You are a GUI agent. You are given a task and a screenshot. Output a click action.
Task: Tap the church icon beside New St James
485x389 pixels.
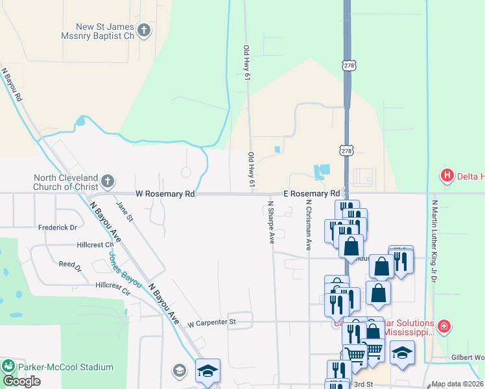143,30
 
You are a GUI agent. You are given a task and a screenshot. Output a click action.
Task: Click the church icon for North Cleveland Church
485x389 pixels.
108,181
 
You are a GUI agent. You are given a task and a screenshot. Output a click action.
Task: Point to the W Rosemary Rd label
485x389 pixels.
165,194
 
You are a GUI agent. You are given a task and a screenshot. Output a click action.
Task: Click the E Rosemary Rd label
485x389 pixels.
312,194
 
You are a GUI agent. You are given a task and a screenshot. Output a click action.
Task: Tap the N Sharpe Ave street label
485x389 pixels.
271,222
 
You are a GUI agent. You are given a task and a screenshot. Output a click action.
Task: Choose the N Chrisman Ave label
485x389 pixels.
309,224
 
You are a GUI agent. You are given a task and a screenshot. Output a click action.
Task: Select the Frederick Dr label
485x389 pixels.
57,228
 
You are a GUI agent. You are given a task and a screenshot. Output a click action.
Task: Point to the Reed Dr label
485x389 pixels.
70,265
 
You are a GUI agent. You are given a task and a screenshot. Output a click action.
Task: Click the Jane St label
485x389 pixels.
123,211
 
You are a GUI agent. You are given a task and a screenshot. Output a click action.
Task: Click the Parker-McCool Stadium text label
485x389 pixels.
65,367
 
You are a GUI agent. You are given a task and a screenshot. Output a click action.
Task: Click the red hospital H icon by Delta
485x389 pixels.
447,175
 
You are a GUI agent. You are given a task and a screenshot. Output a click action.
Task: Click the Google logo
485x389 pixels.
21,381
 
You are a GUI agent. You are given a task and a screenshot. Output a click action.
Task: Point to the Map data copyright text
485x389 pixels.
456,384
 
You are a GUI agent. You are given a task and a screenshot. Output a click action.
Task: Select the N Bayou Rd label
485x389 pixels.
12,85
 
